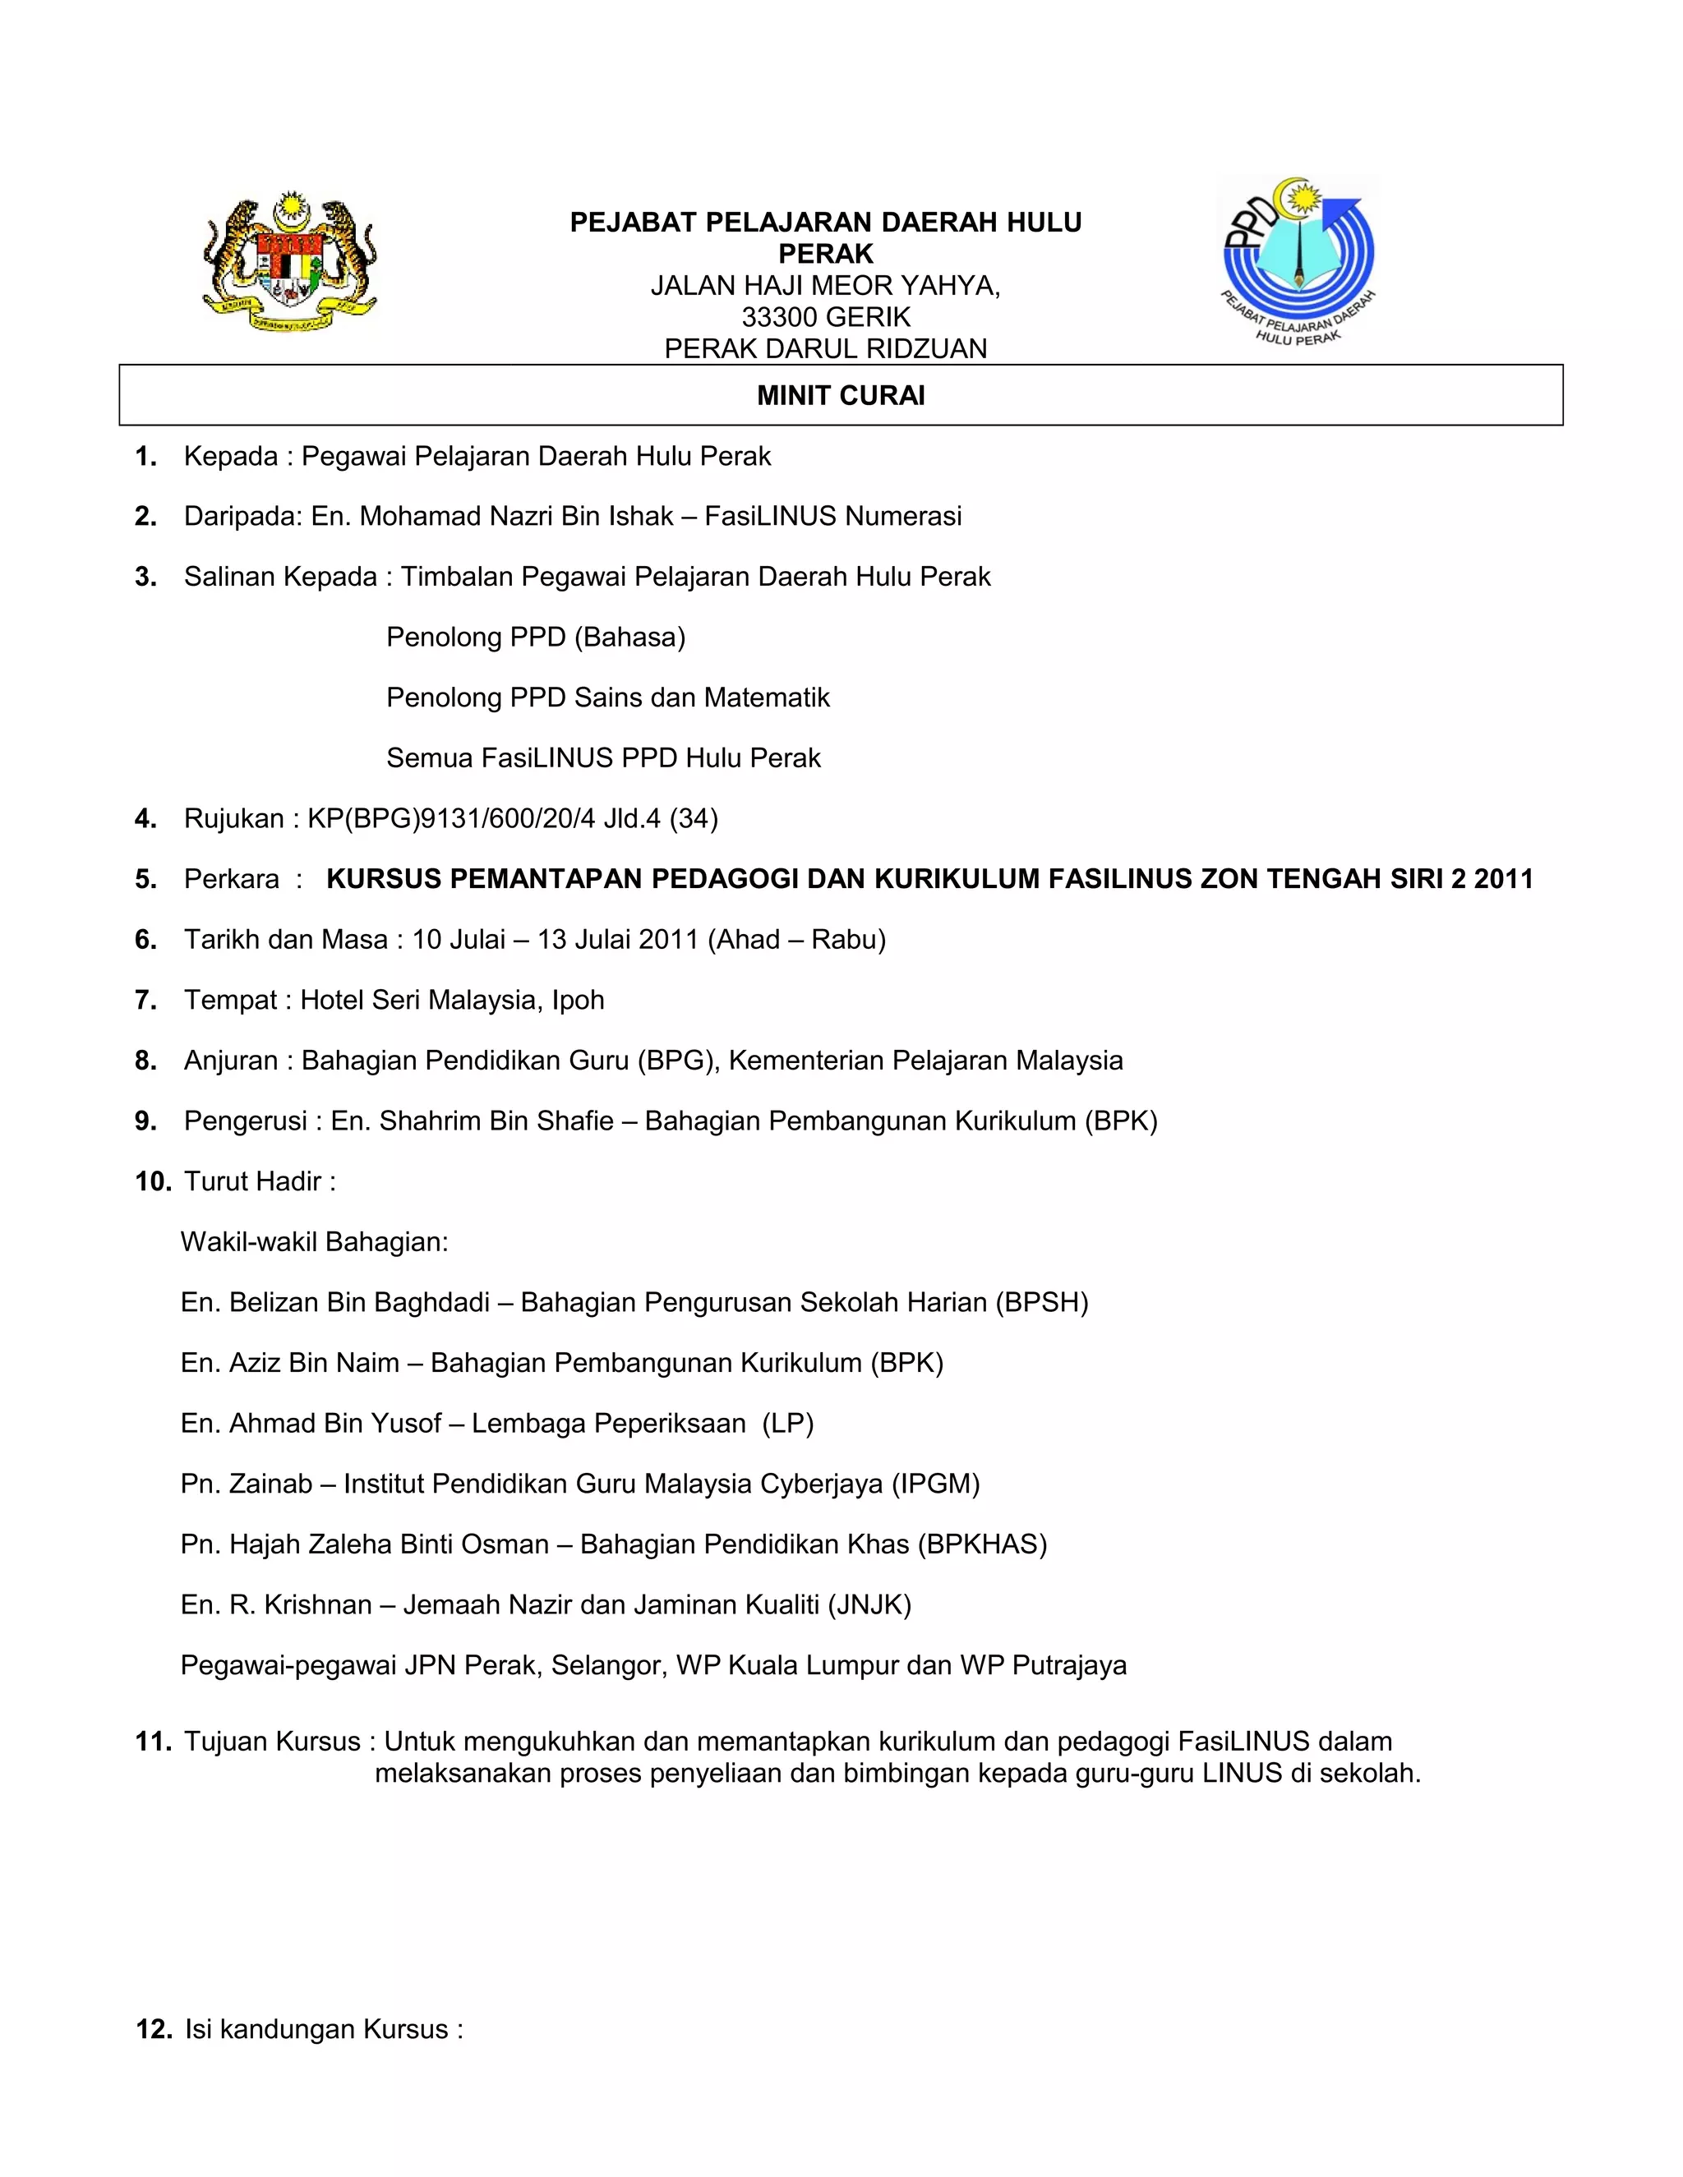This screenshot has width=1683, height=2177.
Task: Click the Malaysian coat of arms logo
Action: coord(289,261)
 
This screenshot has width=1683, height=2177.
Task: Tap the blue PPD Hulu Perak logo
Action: coord(1298,261)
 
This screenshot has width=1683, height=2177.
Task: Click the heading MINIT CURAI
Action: coord(841,396)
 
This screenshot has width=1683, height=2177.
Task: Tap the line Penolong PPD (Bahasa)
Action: coord(536,637)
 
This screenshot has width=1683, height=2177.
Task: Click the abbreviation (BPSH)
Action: coord(1041,1303)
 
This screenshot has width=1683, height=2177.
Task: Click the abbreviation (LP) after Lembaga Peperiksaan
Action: coord(787,1424)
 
